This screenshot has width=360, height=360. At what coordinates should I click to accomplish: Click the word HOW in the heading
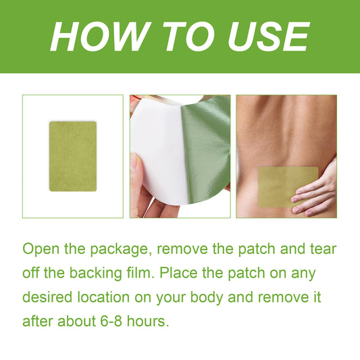(101, 36)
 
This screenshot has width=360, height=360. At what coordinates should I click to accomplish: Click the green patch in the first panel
(73, 156)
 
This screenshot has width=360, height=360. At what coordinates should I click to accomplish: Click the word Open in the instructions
(41, 249)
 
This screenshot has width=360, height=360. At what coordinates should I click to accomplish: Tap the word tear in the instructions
(324, 249)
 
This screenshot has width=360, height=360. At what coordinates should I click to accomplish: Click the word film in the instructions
(140, 273)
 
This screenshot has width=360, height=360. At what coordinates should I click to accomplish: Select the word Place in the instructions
(178, 273)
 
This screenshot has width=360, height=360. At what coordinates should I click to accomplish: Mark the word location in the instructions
(103, 297)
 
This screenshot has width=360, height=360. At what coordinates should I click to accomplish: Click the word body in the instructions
(207, 298)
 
